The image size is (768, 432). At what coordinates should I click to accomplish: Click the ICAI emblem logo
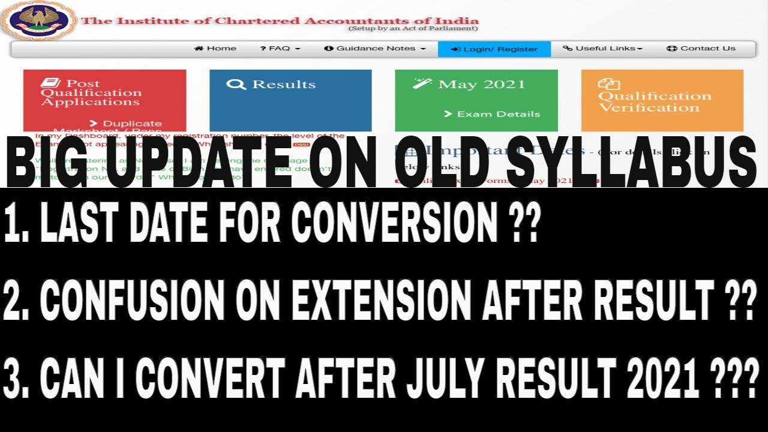[x=37, y=21]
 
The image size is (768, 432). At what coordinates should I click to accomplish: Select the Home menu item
[x=215, y=49]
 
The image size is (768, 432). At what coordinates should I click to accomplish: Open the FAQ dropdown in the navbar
[x=280, y=49]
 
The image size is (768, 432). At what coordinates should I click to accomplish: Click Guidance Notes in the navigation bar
[x=375, y=49]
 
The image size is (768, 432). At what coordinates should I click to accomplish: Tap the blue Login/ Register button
[x=494, y=49]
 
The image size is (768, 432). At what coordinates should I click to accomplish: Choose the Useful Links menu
[x=603, y=49]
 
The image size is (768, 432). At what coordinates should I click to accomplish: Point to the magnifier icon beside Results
[x=235, y=85]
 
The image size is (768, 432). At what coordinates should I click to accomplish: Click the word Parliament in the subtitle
[x=455, y=28]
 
